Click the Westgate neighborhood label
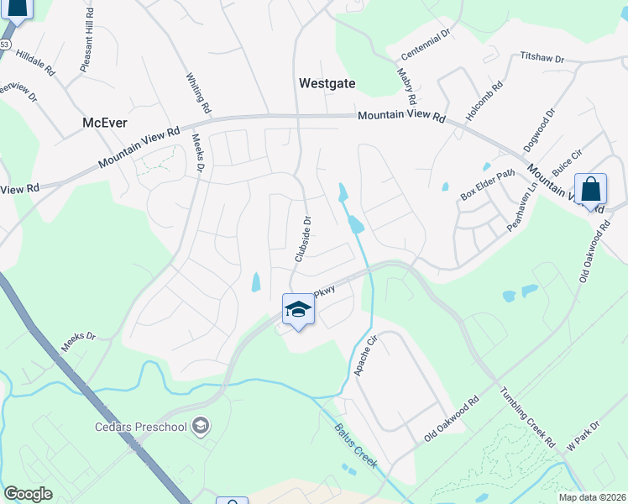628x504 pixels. coord(327,83)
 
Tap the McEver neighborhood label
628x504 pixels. coord(105,123)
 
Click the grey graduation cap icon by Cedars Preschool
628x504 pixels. coord(200,427)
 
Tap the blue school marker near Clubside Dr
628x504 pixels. coord(298,310)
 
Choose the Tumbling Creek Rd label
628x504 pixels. coord(528,417)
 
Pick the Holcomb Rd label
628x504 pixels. coord(485,97)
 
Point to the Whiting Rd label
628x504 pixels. coord(198,92)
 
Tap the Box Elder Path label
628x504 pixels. coord(486,186)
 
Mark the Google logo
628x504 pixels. coord(28,494)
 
